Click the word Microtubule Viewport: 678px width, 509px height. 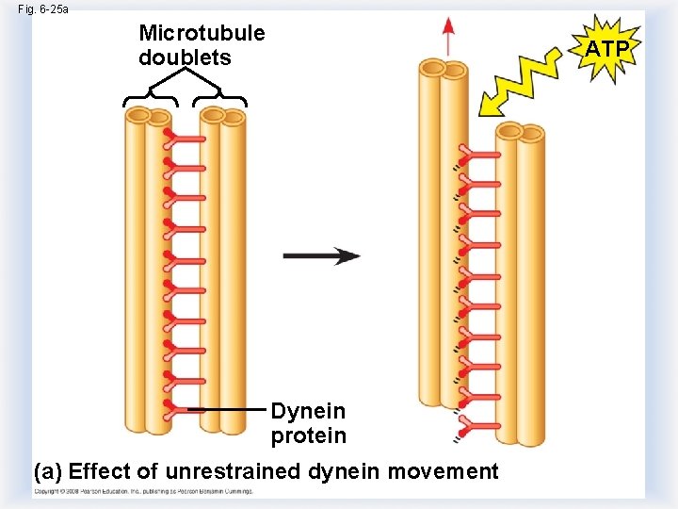pos(202,34)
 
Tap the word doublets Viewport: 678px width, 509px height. pos(185,57)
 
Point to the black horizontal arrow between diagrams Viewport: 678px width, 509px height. pos(321,256)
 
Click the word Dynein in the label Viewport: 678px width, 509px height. pos(308,412)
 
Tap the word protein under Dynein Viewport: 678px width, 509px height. pos(308,436)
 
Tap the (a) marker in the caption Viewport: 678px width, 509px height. pos(49,471)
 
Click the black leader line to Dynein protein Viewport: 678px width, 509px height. pos(226,410)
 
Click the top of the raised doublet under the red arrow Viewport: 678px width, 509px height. pos(443,69)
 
